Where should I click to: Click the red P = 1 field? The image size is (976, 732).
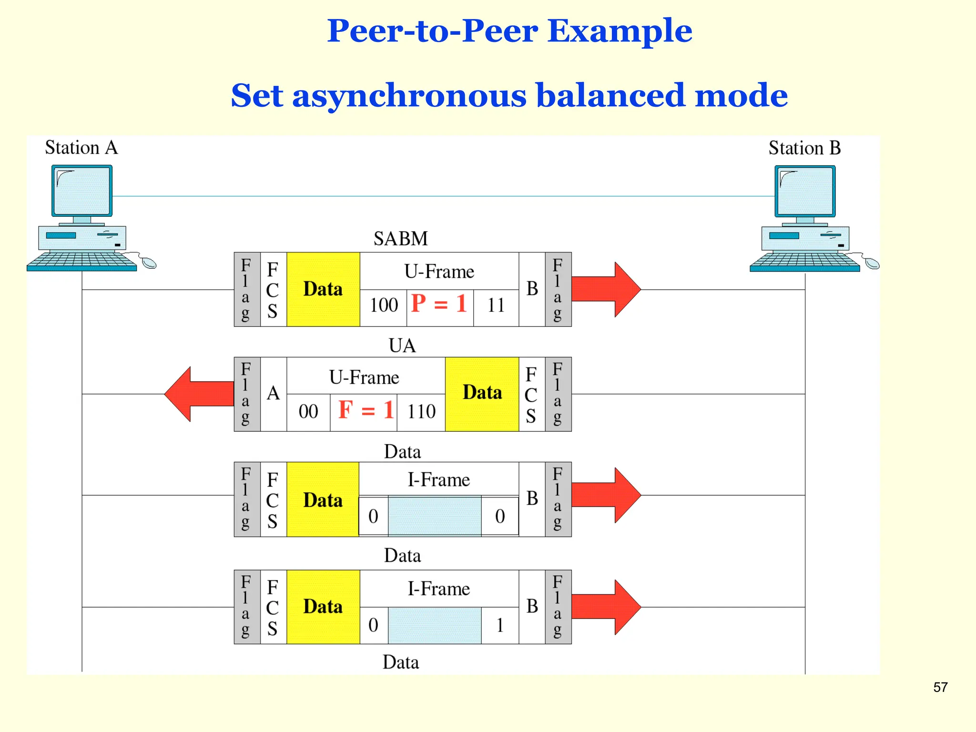point(439,304)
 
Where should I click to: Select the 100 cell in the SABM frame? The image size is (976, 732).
point(384,305)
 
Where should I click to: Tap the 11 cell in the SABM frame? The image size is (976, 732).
point(496,305)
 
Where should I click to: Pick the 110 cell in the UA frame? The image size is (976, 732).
point(421,411)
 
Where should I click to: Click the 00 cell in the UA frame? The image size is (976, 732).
point(308,411)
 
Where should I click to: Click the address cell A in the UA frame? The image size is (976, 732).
point(273,394)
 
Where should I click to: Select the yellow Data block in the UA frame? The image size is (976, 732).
point(482,394)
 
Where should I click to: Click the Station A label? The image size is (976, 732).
point(81,148)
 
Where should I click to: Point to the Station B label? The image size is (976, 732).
point(804,148)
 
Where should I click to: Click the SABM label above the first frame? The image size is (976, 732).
point(401,238)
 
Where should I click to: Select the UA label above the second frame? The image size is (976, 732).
point(402,346)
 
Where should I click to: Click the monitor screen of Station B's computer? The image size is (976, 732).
point(805,191)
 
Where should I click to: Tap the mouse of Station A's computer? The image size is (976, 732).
point(149,263)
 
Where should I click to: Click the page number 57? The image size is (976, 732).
point(940,687)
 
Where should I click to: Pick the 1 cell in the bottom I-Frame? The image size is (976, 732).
point(500,625)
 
